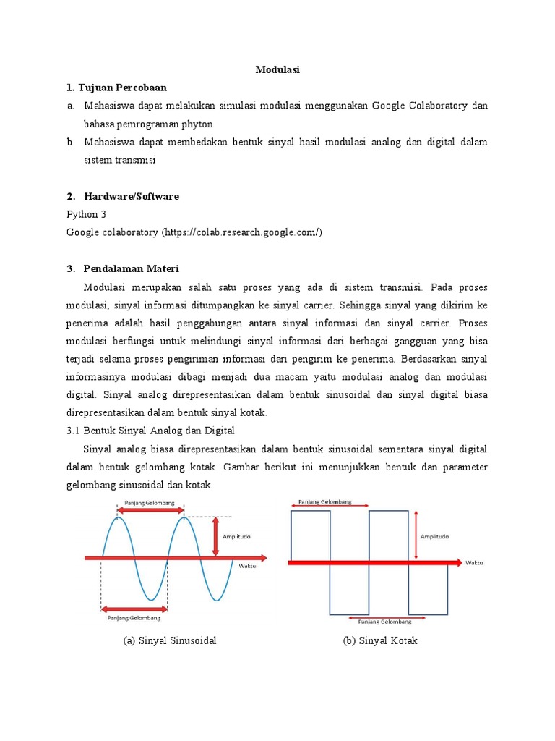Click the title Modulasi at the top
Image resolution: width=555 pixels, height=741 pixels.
tap(277, 70)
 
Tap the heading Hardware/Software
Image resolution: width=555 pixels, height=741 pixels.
tap(131, 196)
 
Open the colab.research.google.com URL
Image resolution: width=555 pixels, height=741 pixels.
tap(242, 232)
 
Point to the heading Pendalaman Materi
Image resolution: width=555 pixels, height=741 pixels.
tap(131, 268)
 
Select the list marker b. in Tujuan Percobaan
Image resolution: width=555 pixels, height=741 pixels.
tap(71, 142)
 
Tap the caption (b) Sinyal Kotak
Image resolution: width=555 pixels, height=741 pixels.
tap(381, 640)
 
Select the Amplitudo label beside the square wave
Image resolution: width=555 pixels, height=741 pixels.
tap(434, 537)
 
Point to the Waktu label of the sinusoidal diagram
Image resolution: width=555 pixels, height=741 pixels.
tap(247, 566)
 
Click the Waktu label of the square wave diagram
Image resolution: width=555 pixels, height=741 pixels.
tap(474, 562)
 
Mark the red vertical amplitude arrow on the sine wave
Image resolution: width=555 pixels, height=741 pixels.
tap(215, 536)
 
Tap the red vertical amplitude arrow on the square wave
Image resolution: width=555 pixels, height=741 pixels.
tap(417, 535)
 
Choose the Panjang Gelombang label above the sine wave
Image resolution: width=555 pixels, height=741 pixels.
tap(150, 500)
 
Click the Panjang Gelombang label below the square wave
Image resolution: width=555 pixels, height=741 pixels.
tap(384, 622)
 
